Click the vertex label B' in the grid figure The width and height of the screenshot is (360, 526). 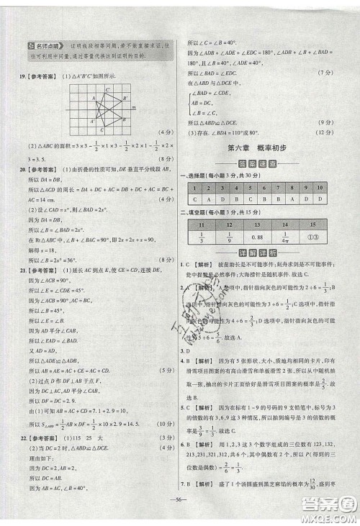coord(124,99)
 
